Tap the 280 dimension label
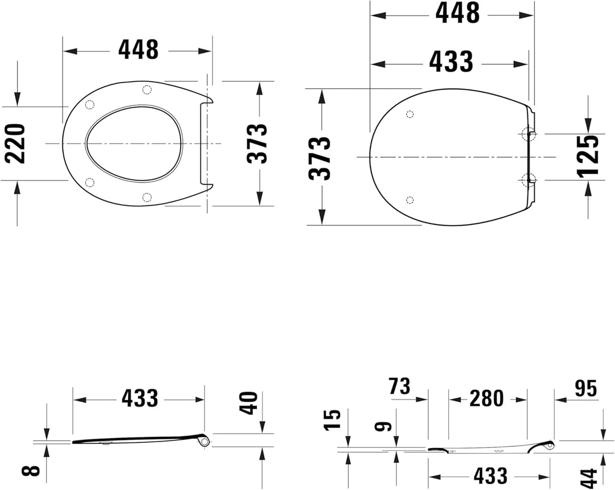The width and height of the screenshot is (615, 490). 486,399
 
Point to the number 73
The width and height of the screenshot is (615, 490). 399,386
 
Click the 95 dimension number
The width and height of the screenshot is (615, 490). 585,389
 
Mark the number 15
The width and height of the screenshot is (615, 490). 331,419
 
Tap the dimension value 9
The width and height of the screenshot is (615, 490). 384,426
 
